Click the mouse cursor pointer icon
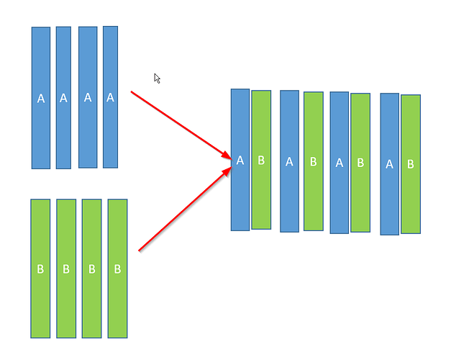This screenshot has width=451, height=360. [157, 78]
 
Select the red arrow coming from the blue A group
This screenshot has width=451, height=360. [181, 125]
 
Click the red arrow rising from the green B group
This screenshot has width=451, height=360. [185, 209]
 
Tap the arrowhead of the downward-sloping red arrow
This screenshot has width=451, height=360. [227, 156]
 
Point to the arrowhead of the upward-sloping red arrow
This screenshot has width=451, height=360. [227, 171]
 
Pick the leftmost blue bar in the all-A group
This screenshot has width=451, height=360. [41, 98]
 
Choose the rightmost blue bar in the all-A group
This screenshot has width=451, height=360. [111, 97]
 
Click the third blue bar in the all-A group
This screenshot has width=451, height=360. [88, 97]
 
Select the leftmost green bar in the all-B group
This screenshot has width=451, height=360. [40, 269]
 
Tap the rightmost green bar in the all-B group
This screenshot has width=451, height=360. [118, 269]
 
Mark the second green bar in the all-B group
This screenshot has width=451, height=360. [66, 269]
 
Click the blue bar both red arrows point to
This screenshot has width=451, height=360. [240, 160]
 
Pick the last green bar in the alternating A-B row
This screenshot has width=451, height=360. [411, 164]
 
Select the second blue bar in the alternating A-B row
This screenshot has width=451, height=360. [289, 161]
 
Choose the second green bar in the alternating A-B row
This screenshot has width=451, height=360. [314, 161]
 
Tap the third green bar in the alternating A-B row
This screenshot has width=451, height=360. [360, 163]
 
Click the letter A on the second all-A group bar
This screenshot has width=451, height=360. [63, 98]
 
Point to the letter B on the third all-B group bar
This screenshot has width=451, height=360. [92, 269]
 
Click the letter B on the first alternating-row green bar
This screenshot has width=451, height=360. [261, 160]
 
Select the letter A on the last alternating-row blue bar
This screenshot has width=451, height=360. [389, 164]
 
